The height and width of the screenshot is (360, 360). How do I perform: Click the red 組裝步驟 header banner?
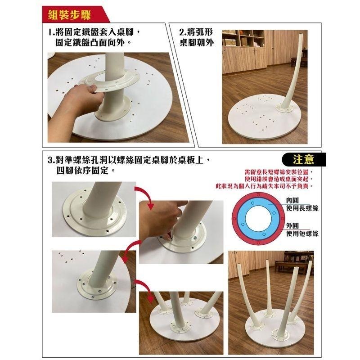coord(70,14)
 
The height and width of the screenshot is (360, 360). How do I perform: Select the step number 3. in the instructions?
coord(52,161)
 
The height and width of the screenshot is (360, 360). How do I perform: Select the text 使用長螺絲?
coord(302,208)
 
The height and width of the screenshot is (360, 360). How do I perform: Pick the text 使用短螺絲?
coord(302,234)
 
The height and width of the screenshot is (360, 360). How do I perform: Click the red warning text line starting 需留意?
coord(278,172)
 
